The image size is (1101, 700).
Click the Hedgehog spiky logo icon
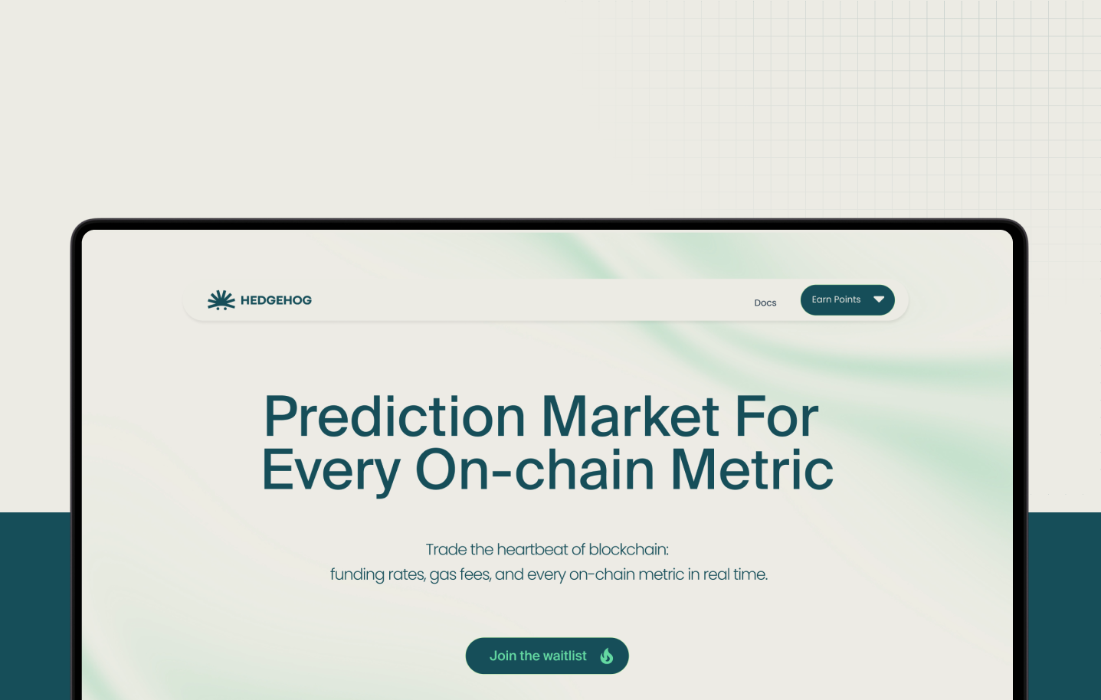pyautogui.click(x=221, y=300)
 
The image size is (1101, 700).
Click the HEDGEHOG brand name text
pyautogui.click(x=277, y=300)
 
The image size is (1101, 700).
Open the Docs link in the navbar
pyautogui.click(x=765, y=303)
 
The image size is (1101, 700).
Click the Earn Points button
pyautogui.click(x=847, y=299)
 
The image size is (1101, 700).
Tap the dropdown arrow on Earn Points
pyautogui.click(x=879, y=299)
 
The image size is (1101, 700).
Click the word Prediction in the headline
pyautogui.click(x=395, y=417)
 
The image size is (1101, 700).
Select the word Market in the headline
pyautogui.click(x=630, y=417)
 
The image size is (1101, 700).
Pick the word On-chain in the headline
pyautogui.click(x=535, y=469)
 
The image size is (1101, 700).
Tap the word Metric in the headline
pyautogui.click(x=752, y=469)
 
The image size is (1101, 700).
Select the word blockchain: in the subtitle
pyautogui.click(x=629, y=549)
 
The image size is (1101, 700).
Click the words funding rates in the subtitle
pyautogui.click(x=378, y=574)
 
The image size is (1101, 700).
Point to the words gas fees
pyautogui.click(x=460, y=575)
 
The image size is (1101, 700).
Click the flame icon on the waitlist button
pyautogui.click(x=607, y=656)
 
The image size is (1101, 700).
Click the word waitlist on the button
pyautogui.click(x=565, y=656)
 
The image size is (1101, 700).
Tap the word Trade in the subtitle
pyautogui.click(x=446, y=549)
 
